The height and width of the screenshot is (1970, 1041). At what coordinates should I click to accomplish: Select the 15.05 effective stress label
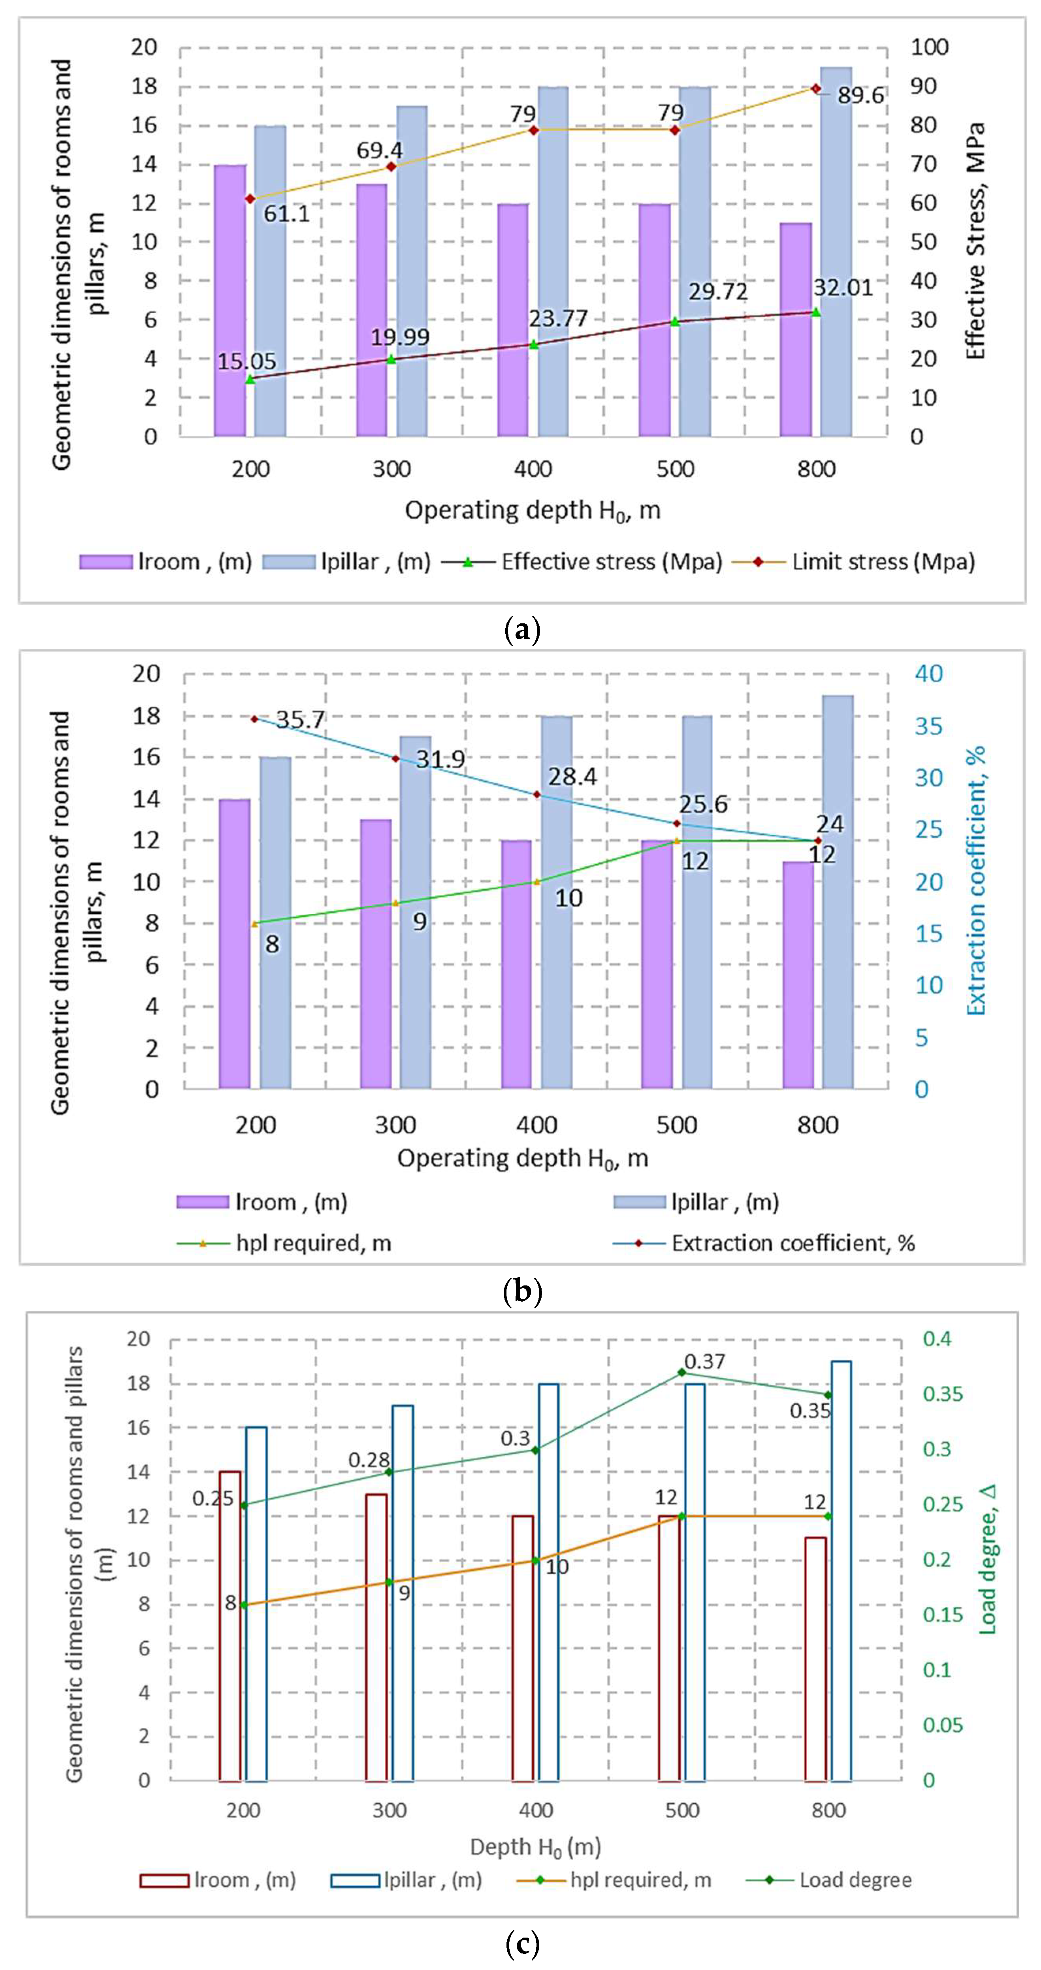click(246, 361)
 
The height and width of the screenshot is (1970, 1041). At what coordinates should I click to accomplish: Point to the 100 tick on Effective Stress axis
click(929, 47)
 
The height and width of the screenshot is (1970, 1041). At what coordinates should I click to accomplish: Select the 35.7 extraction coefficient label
click(300, 720)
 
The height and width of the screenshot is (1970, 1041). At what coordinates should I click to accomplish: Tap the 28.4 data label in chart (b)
click(572, 776)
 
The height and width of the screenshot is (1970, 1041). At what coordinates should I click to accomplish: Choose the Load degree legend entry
click(855, 1880)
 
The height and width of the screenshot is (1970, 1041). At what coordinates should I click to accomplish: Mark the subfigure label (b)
click(523, 1292)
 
